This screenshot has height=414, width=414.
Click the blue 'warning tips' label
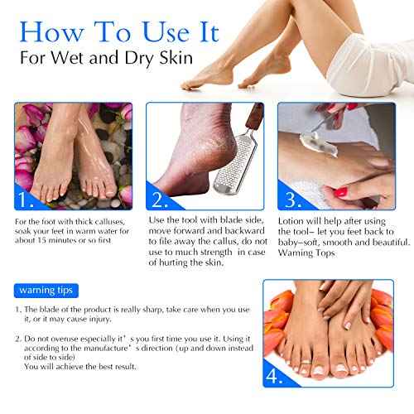tap(45, 291)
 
